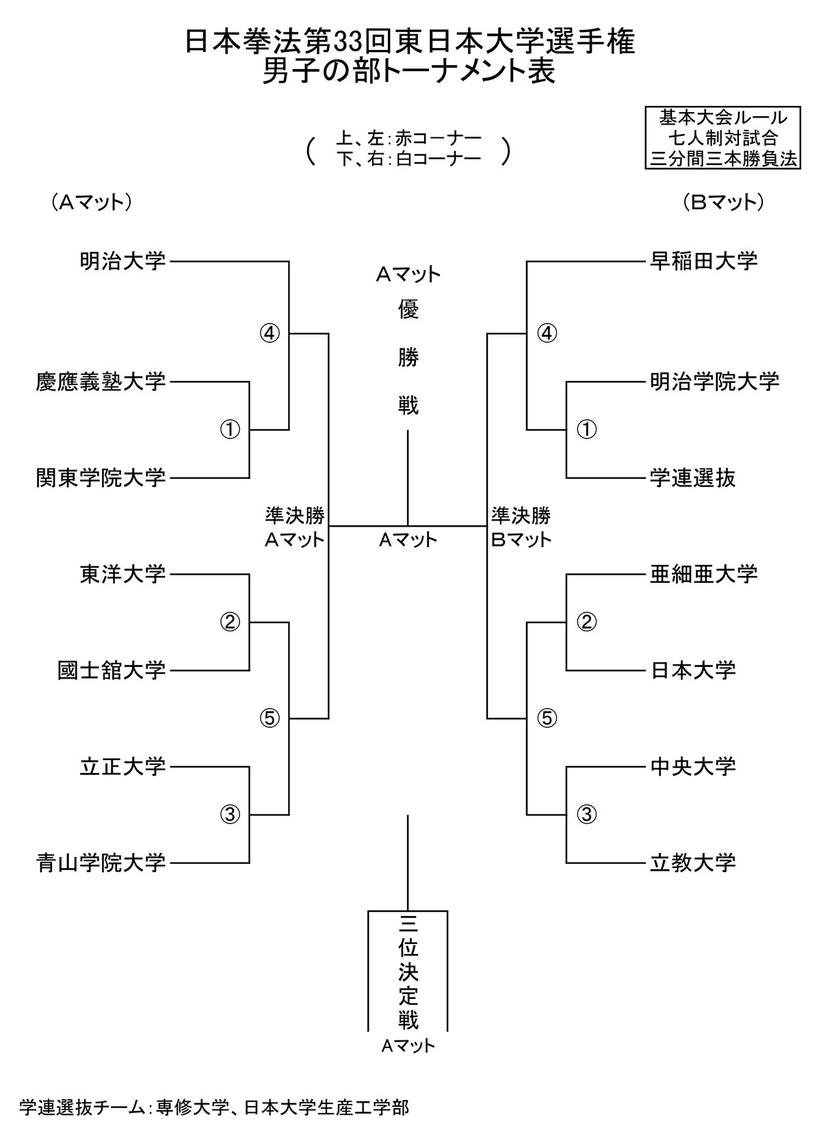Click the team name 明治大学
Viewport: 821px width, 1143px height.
pos(122,261)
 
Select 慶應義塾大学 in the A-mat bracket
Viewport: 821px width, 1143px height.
pos(101,382)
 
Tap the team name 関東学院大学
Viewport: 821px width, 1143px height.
pos(101,477)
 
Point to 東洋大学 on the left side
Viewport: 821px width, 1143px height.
pos(122,574)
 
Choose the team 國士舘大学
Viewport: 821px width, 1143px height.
pos(112,670)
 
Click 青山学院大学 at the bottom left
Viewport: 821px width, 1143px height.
pos(101,863)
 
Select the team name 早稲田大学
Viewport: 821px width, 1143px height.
pos(704,261)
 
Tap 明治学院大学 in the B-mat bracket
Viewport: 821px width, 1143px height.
pos(714,382)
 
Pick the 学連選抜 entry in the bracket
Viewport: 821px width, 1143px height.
pos(692,477)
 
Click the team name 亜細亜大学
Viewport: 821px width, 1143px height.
pos(704,574)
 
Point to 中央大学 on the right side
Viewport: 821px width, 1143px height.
pos(692,766)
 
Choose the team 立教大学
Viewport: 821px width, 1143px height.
pos(692,863)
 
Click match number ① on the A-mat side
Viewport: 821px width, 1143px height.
pos(231,430)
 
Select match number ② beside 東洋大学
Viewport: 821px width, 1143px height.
pos(231,622)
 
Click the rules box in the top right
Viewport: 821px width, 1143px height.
pos(722,137)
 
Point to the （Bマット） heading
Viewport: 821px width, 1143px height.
pos(722,202)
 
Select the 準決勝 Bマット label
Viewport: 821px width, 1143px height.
pos(521,527)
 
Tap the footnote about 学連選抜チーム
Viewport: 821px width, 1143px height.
pos(214,1107)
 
